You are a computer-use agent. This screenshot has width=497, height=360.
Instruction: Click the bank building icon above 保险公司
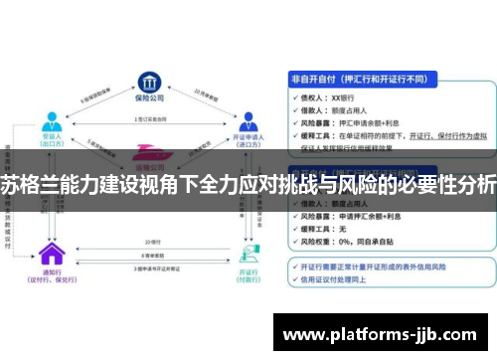tap(149, 79)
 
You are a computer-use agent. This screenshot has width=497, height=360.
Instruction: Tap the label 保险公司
tap(149, 97)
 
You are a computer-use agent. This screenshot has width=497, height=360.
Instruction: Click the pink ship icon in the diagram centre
tap(150, 153)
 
